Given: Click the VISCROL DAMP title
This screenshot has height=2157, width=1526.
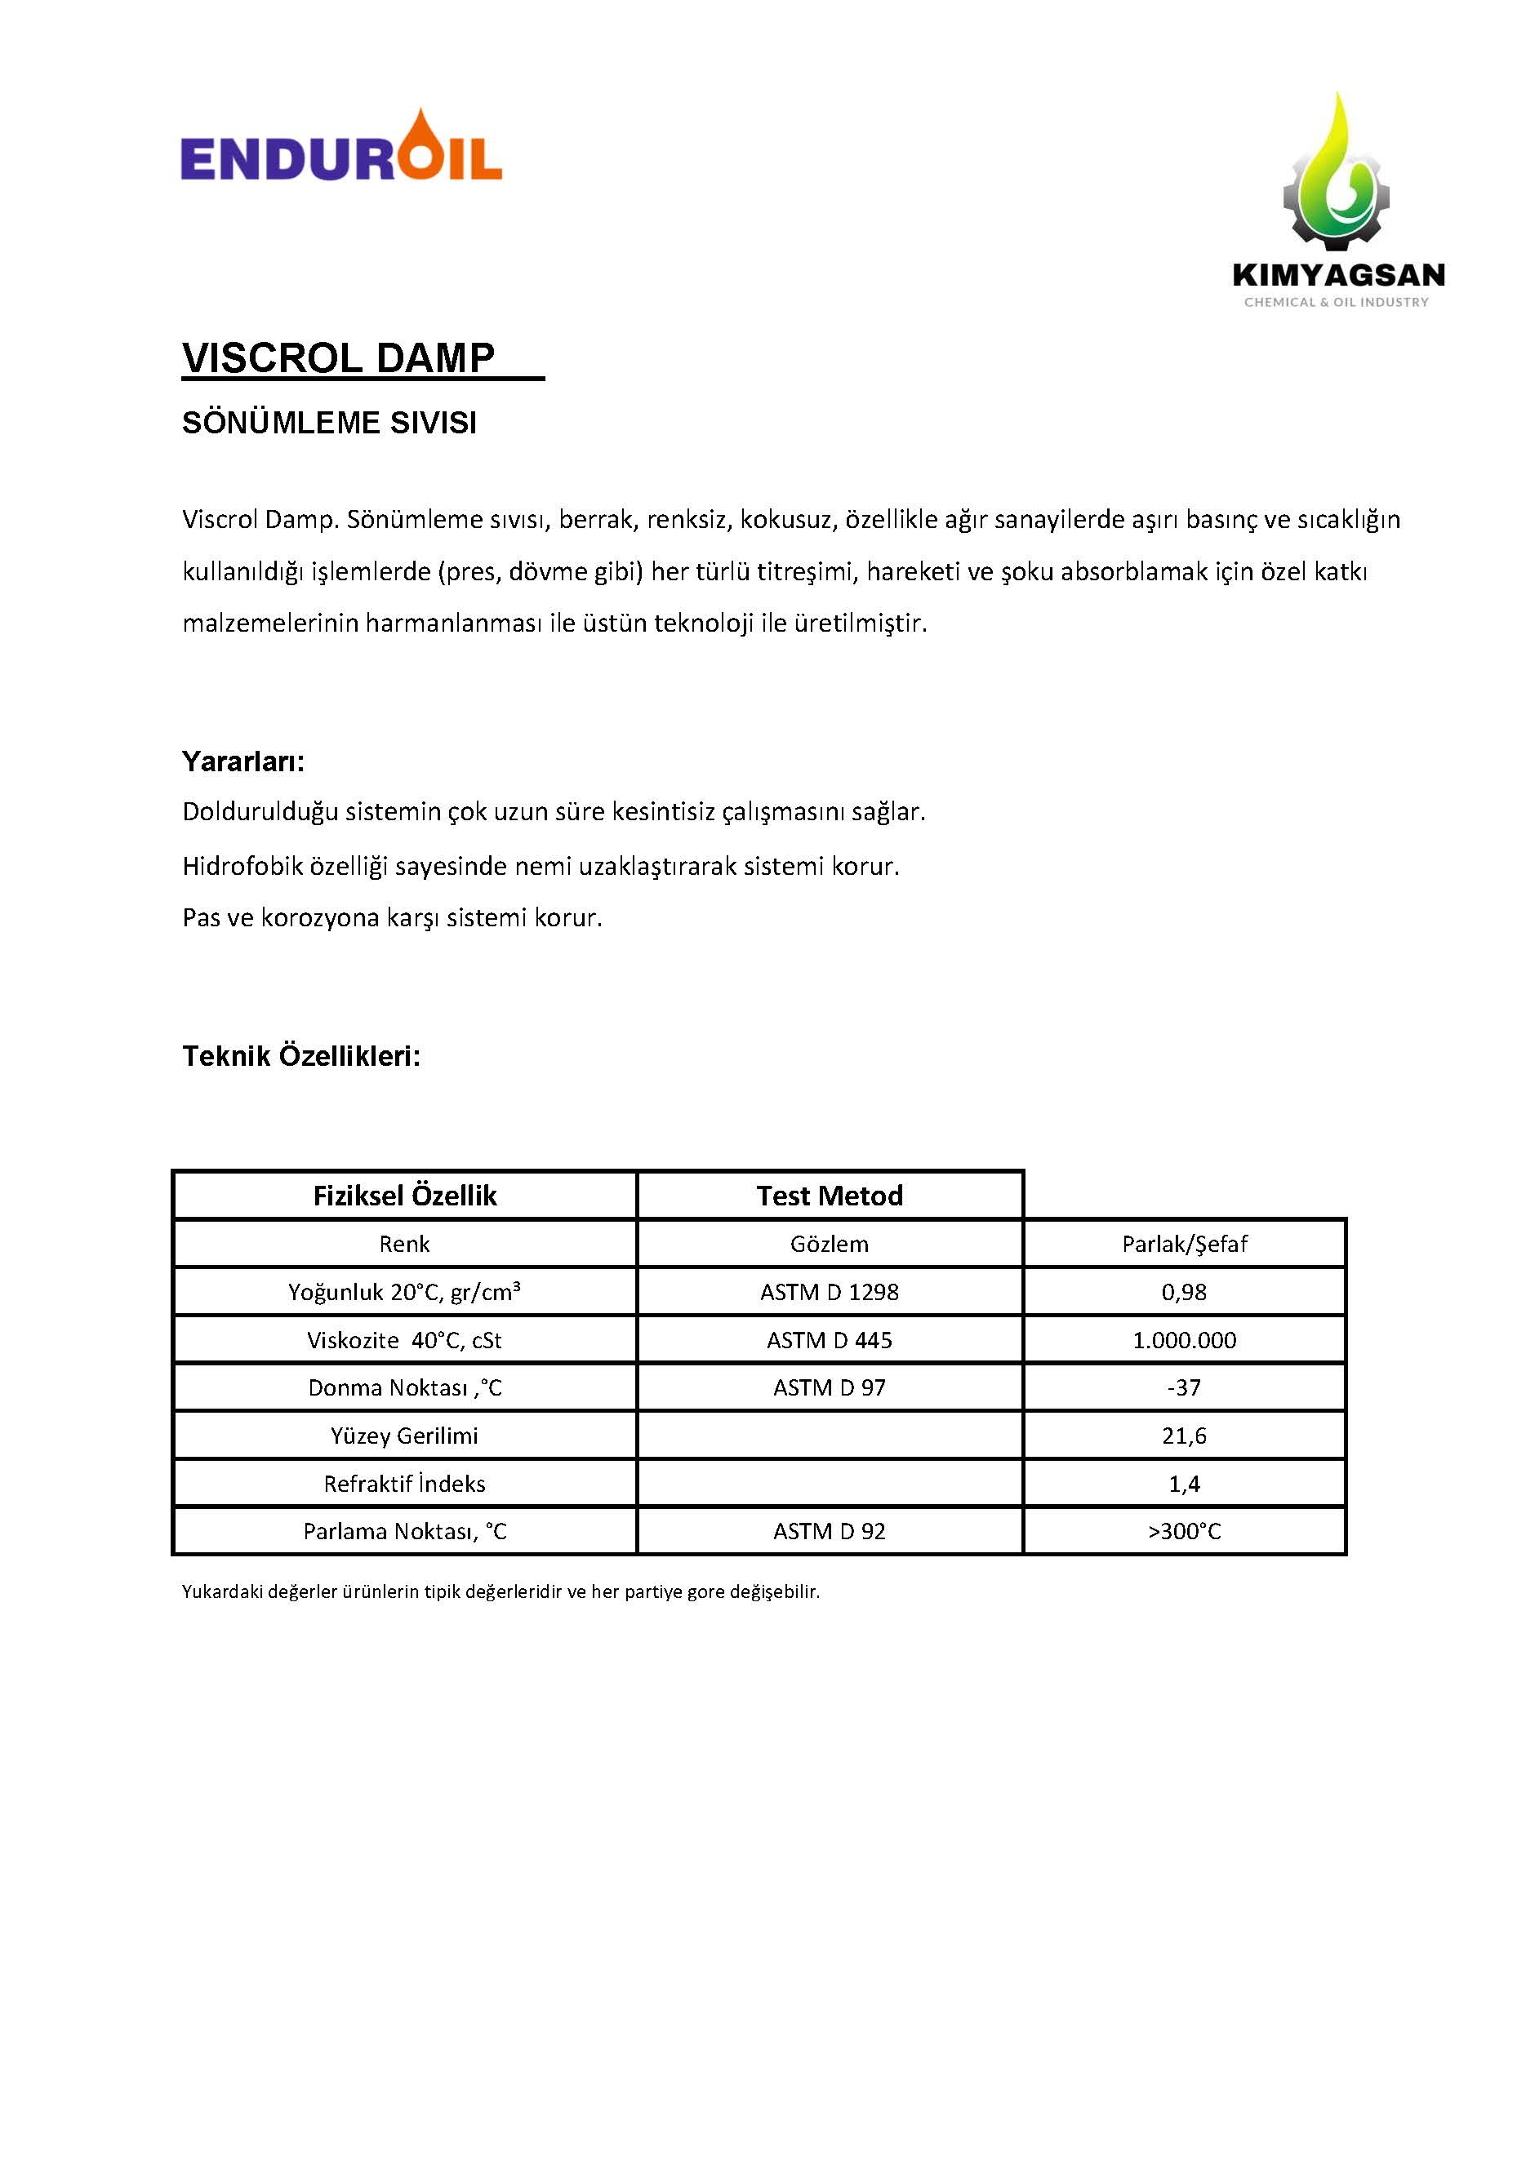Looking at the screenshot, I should pyautogui.click(x=338, y=358).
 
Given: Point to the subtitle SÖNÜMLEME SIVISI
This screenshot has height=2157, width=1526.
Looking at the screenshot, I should pyautogui.click(x=329, y=423).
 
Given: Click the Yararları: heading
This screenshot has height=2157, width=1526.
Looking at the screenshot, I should pyautogui.click(x=243, y=761).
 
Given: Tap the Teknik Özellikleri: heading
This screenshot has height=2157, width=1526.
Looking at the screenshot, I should pyautogui.click(x=300, y=1056).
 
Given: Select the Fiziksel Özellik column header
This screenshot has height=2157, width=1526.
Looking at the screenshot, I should pyautogui.click(x=404, y=1195).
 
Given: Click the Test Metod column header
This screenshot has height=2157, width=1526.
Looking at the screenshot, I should pyautogui.click(x=829, y=1195).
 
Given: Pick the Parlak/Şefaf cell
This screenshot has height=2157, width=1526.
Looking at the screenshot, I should pyautogui.click(x=1184, y=1244).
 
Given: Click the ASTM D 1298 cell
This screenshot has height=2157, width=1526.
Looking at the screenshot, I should pyautogui.click(x=829, y=1292).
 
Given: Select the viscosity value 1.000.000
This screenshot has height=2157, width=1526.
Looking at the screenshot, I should pyautogui.click(x=1184, y=1340).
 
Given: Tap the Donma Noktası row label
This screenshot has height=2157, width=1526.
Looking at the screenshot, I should pyautogui.click(x=404, y=1387).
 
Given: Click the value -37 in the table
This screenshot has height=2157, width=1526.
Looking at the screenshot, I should pyautogui.click(x=1184, y=1387).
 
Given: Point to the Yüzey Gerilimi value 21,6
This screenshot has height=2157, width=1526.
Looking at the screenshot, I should pyautogui.click(x=1184, y=1436).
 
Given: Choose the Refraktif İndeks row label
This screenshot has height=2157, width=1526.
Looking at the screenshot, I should pyautogui.click(x=404, y=1484).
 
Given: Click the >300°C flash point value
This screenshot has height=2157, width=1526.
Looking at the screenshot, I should pyautogui.click(x=1184, y=1531).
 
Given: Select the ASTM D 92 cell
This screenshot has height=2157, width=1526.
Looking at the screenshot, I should pyautogui.click(x=829, y=1531).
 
